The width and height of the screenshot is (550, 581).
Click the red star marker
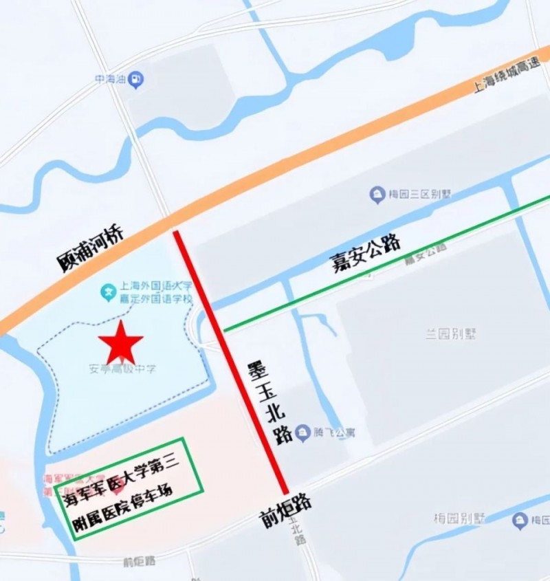click(x=121, y=342)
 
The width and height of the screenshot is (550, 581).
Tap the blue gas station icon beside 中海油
click(x=137, y=80)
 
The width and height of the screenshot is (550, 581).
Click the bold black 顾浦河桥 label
click(x=90, y=252)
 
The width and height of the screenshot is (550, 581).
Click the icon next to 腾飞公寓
click(x=303, y=432)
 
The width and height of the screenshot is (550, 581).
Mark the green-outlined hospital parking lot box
click(x=129, y=488)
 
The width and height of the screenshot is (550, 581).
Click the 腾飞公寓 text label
click(x=334, y=435)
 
